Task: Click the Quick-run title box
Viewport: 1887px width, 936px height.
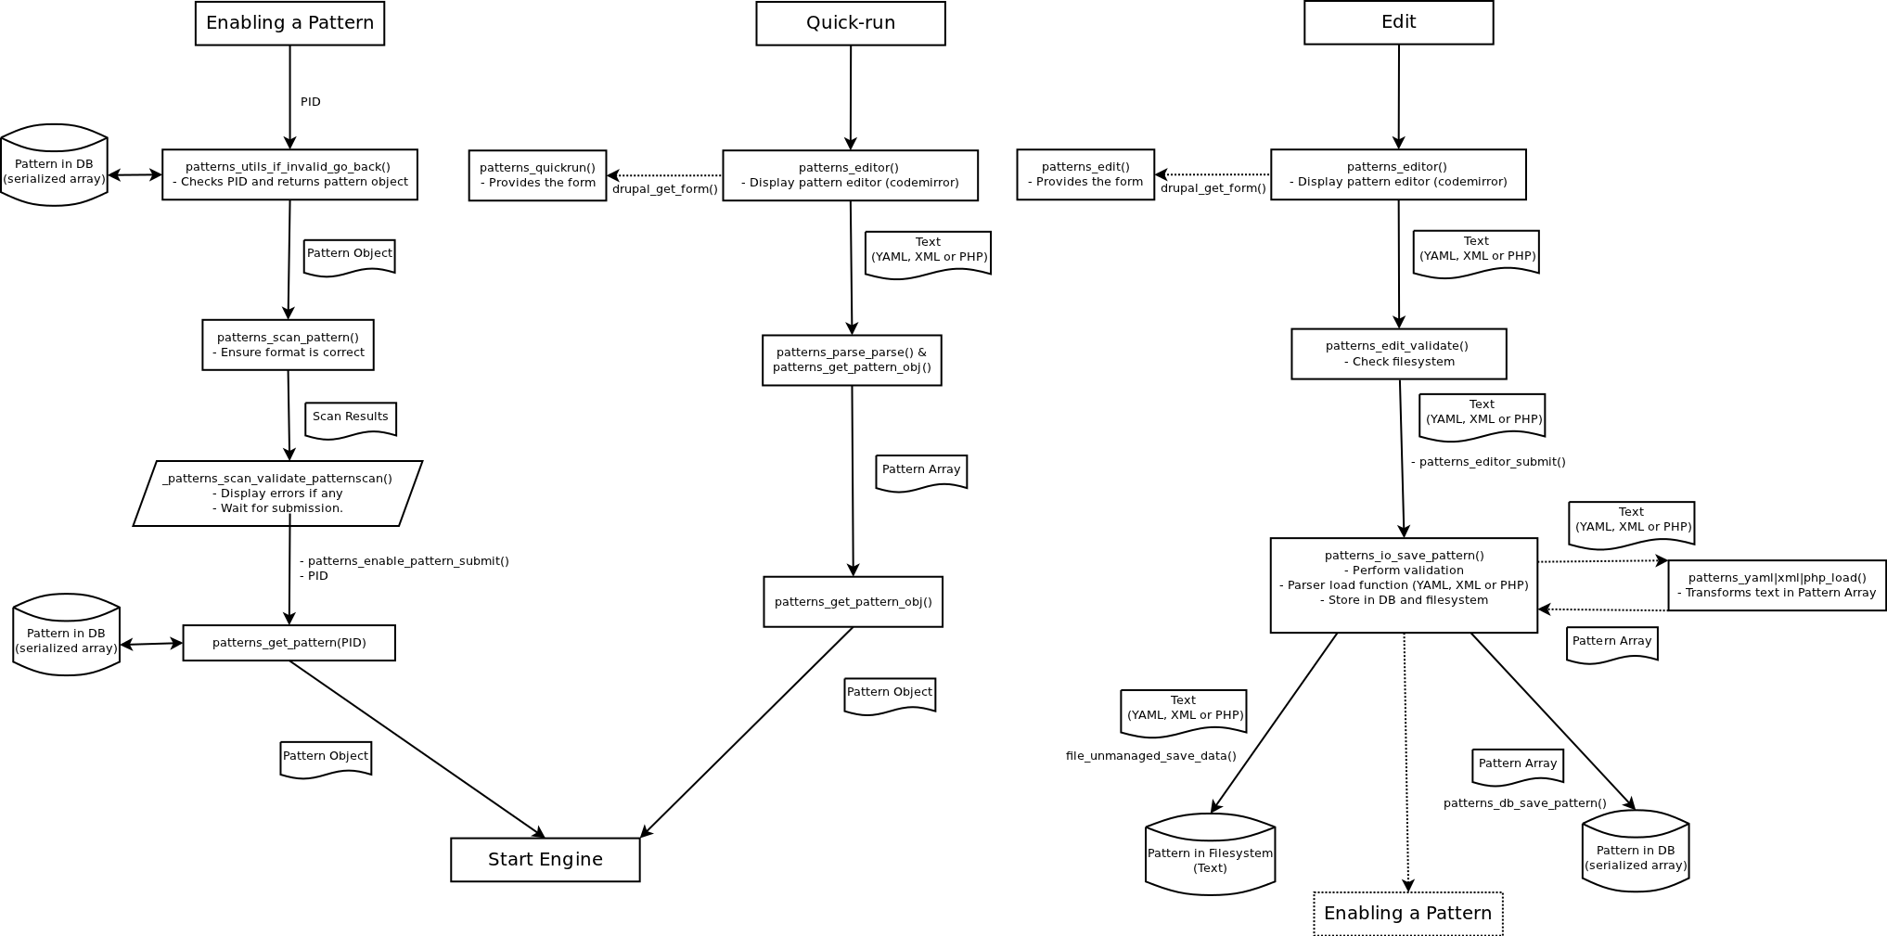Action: (850, 23)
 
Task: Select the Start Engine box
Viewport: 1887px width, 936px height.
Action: (545, 859)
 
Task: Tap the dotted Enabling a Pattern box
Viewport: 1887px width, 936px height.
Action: (1407, 913)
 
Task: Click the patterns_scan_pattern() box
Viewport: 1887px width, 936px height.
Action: (288, 345)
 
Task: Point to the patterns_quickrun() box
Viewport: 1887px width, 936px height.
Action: (537, 175)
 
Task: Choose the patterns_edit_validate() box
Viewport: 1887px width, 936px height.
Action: (1398, 353)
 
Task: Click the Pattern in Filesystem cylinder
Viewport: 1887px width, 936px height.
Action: (1210, 855)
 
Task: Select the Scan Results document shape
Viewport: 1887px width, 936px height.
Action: (350, 419)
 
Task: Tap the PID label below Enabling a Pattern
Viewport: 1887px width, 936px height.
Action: (311, 102)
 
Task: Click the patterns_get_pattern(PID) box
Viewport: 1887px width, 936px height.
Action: (289, 643)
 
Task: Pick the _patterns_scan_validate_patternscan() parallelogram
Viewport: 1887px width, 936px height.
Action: (277, 494)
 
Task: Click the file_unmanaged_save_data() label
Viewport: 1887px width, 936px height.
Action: (1150, 756)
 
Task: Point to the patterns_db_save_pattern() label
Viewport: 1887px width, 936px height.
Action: (1524, 803)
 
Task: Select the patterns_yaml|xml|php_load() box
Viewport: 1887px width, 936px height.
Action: (1776, 585)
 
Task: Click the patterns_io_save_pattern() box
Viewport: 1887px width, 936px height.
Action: (1403, 585)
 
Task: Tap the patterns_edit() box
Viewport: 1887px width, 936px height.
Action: (1085, 174)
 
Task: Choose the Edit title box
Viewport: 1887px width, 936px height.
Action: (1398, 22)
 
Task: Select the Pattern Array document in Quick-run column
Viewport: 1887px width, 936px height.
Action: (920, 472)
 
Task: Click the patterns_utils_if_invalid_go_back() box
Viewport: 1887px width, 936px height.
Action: (289, 174)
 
